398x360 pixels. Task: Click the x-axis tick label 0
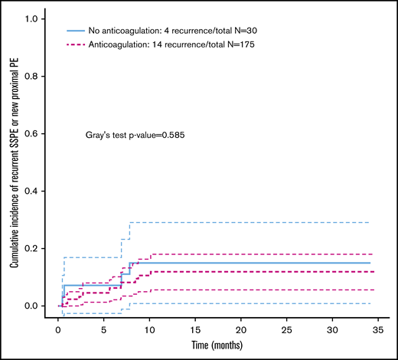click(x=58, y=325)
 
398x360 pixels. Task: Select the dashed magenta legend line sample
click(x=75, y=45)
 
